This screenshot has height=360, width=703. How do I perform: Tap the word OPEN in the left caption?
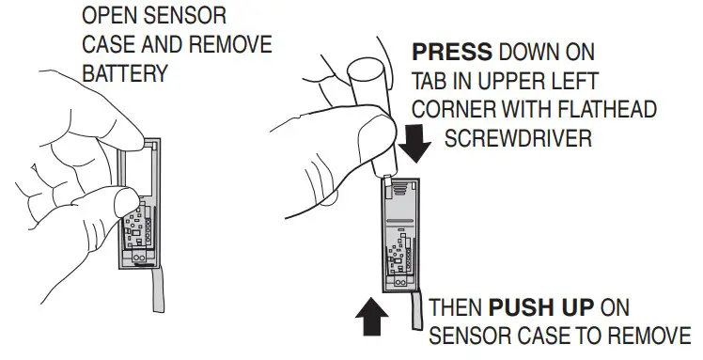[110, 18]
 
